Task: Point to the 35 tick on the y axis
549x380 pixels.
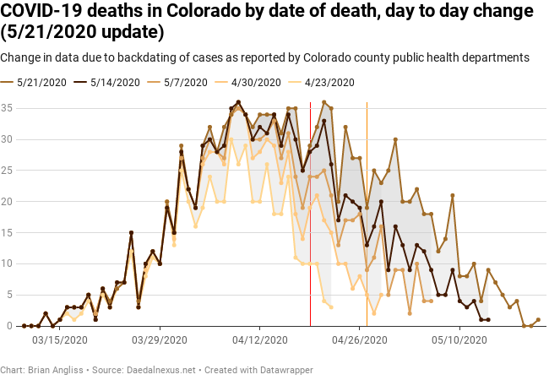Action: [x=6, y=108]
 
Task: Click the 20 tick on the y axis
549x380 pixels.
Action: [x=6, y=201]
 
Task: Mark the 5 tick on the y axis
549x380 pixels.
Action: [x=8, y=295]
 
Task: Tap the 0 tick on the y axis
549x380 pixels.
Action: [x=8, y=326]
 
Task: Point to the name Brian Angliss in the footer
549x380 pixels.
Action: [x=54, y=370]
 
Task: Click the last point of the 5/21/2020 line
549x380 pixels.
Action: [x=538, y=320]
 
